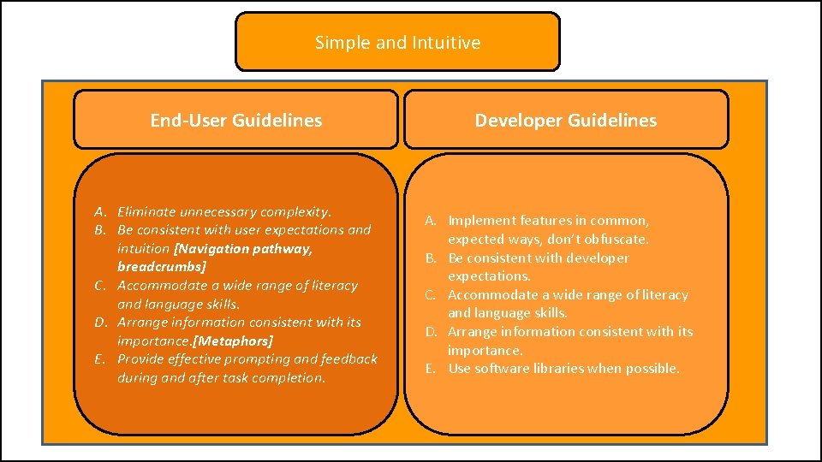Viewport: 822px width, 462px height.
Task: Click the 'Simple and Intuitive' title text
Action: click(x=397, y=42)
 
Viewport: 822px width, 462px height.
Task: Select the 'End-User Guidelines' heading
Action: click(x=236, y=121)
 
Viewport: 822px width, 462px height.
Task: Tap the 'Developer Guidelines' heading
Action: click(x=566, y=121)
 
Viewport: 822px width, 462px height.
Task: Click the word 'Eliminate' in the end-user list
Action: click(x=146, y=211)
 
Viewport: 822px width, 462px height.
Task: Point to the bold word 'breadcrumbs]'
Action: click(x=162, y=267)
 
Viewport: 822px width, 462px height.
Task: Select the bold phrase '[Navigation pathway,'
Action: click(x=243, y=248)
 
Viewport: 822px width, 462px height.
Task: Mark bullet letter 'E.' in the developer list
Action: click(x=432, y=369)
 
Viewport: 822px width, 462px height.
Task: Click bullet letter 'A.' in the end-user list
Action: click(x=101, y=211)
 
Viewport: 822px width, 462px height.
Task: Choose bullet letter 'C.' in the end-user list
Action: click(x=101, y=286)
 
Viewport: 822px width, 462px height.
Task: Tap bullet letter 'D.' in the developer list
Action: click(x=432, y=332)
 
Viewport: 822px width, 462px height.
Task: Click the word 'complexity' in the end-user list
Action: click(x=295, y=211)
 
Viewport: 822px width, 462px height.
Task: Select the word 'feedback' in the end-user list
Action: click(x=349, y=359)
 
